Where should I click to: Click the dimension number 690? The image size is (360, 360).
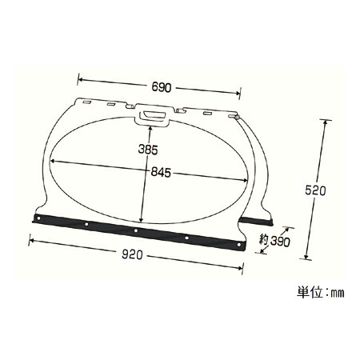[162, 87]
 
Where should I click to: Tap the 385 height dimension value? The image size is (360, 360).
[148, 150]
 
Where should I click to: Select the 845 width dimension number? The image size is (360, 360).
[161, 173]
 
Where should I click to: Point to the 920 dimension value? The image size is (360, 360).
[132, 255]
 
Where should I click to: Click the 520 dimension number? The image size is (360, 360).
[315, 190]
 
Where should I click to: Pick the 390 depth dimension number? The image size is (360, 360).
[280, 242]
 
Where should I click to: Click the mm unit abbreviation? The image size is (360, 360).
[338, 294]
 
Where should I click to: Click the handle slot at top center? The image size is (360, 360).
[152, 115]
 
